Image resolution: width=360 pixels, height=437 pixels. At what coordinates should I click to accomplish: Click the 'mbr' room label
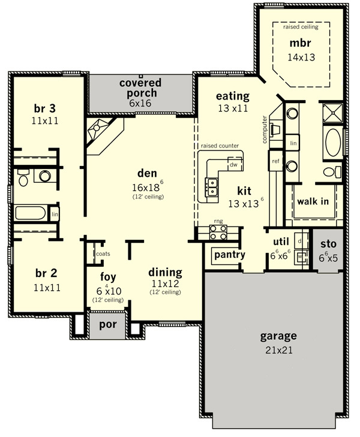[x=301, y=43]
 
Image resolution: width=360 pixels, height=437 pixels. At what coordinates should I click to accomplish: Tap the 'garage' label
[x=278, y=336]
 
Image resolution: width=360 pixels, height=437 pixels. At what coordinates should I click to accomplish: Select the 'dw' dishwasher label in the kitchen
[x=233, y=165]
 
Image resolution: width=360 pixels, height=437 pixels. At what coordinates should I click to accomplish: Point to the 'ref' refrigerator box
[x=275, y=161]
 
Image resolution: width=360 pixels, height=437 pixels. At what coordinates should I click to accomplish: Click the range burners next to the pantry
[x=218, y=233]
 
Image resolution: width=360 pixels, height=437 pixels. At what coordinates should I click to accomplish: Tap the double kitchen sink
[x=212, y=187]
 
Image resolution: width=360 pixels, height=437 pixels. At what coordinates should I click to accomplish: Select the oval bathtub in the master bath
[x=333, y=143]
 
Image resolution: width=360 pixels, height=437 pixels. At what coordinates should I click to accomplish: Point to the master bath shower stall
[x=332, y=113]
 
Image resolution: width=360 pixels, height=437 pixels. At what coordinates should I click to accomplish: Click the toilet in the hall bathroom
[x=23, y=177]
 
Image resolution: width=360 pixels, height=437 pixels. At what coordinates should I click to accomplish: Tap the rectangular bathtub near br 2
[x=30, y=213]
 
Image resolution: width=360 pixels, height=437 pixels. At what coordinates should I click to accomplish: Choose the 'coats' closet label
[x=103, y=254]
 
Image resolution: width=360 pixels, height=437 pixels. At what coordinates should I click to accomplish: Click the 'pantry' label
[x=230, y=255]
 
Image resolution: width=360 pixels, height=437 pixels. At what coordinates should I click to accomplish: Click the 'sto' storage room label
[x=328, y=244]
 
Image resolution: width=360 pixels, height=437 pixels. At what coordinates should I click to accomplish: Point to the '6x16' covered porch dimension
[x=140, y=103]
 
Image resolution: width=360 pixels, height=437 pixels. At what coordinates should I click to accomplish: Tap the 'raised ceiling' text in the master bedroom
[x=301, y=27]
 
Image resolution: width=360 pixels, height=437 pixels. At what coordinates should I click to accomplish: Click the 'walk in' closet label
[x=313, y=201]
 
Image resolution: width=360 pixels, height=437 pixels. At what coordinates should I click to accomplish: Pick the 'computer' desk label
[x=265, y=129]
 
